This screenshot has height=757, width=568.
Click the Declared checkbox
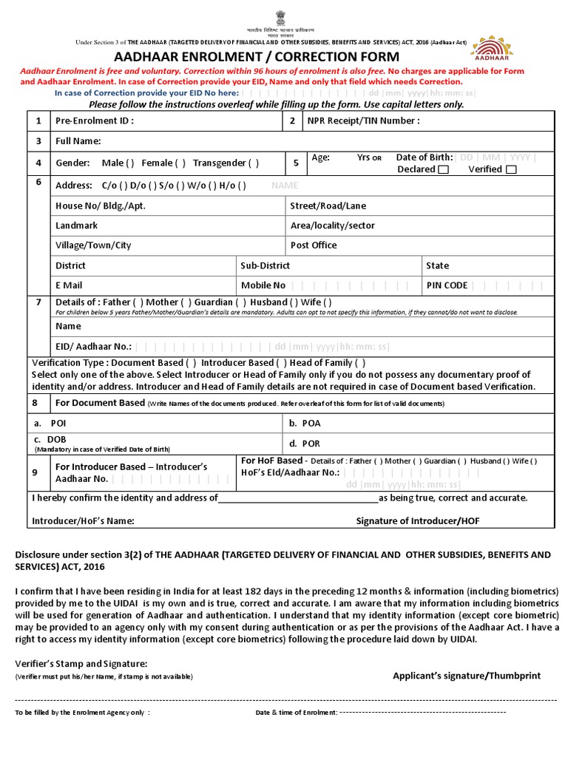tap(443, 170)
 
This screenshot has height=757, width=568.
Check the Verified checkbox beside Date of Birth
tap(511, 170)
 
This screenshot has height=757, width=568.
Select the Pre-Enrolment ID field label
tap(95, 121)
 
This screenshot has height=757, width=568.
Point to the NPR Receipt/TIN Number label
tap(364, 121)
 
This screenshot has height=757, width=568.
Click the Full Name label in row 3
tap(78, 141)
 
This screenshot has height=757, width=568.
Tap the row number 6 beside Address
tap(37, 182)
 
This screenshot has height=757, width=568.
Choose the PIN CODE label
tap(447, 285)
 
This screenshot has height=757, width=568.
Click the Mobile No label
tap(263, 285)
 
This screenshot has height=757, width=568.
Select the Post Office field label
tap(314, 245)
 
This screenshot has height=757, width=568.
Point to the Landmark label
tap(76, 225)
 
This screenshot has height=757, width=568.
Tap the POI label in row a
tap(58, 424)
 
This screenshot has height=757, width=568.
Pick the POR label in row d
tap(311, 444)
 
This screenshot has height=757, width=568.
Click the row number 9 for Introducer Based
tap(35, 472)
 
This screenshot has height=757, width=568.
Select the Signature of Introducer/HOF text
tap(418, 521)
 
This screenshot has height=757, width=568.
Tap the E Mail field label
tap(69, 285)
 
